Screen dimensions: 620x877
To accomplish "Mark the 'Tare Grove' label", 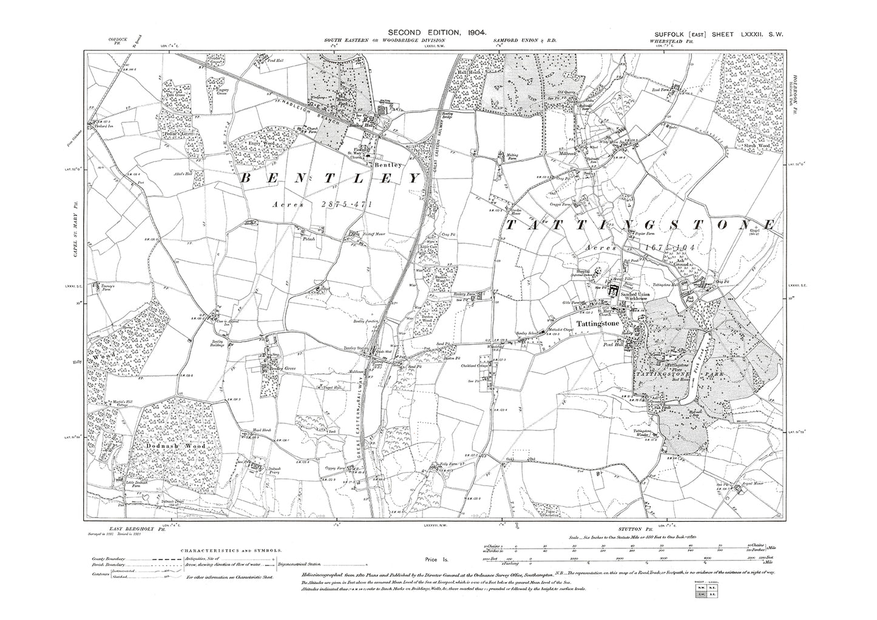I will coord(174,96).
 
